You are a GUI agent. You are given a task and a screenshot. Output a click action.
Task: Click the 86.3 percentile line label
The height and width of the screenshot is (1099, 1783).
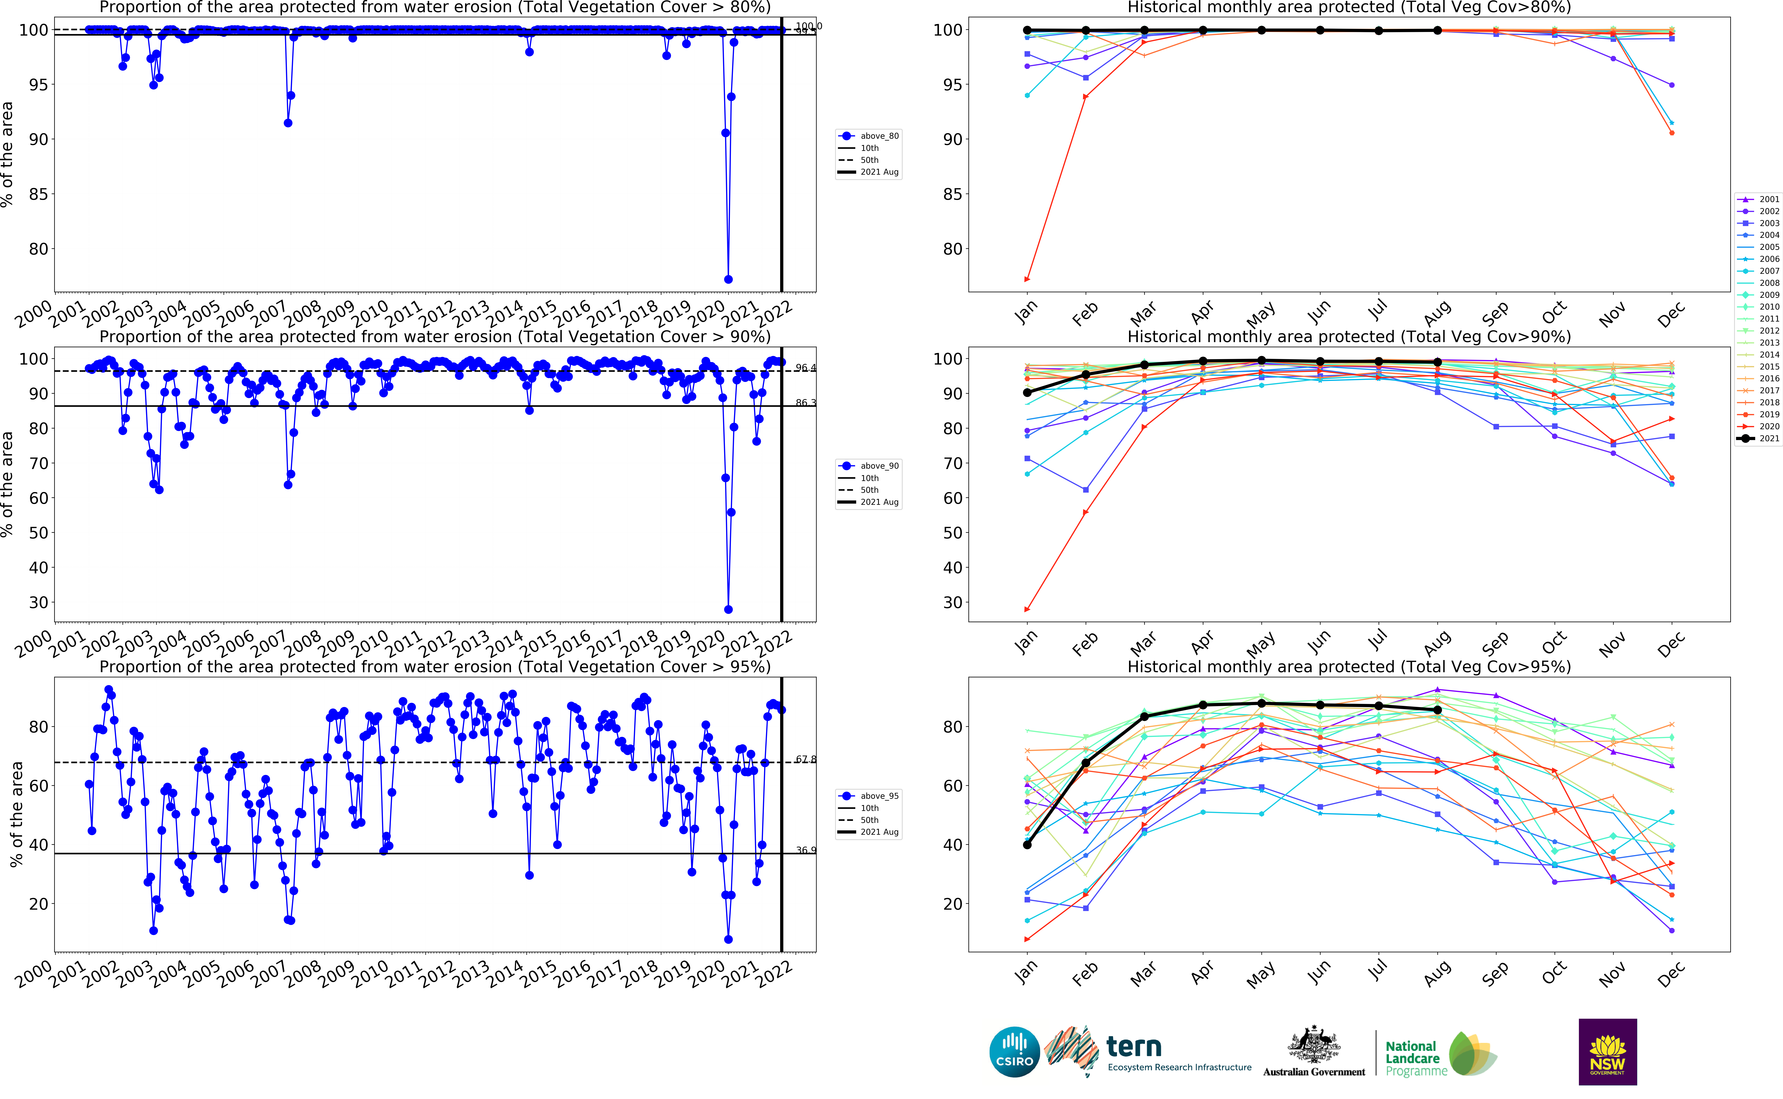click(805, 403)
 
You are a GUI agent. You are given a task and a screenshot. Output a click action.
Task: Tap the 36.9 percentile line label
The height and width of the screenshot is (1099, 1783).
click(805, 851)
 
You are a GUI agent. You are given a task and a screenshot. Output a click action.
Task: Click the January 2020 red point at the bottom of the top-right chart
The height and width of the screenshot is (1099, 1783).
click(1027, 279)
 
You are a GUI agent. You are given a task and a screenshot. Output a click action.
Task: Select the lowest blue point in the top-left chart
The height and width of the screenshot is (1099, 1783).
click(728, 279)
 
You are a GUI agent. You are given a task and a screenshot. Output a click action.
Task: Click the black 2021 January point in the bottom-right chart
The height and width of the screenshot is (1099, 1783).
click(1027, 845)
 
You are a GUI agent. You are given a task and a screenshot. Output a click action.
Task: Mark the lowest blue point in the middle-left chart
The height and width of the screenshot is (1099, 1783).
click(728, 609)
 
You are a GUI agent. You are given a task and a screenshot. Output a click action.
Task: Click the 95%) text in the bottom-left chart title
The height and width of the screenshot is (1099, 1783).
click(748, 667)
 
